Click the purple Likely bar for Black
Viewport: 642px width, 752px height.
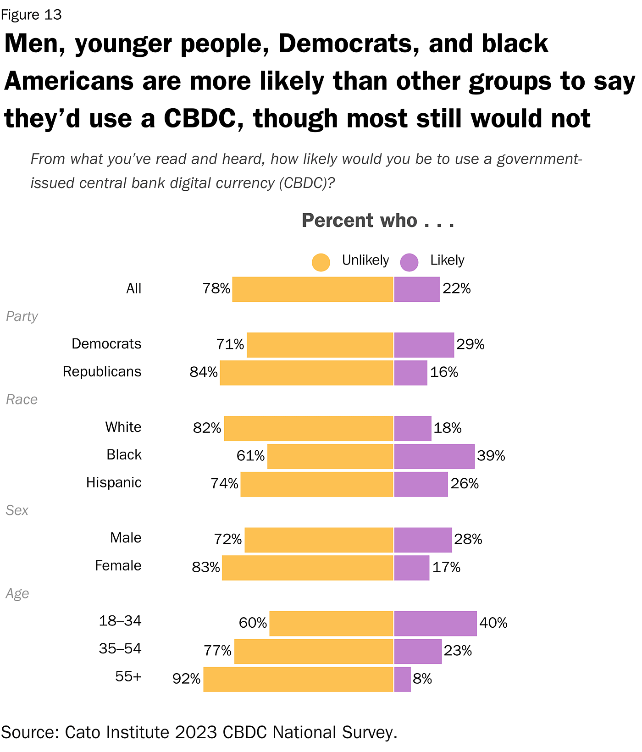click(434, 456)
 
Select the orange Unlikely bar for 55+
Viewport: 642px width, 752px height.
click(299, 679)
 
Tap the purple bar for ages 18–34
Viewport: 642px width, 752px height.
click(435, 624)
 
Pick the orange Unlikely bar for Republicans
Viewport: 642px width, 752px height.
click(307, 373)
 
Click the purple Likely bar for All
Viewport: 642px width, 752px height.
click(417, 289)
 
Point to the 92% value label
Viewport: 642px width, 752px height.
click(187, 679)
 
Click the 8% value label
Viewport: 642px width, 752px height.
click(422, 679)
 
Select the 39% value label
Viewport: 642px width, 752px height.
click(491, 456)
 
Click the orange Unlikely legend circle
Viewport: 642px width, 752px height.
click(321, 262)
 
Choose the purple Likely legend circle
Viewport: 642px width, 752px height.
click(409, 262)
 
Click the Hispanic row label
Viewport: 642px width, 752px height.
click(114, 483)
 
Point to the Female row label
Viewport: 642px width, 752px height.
click(118, 566)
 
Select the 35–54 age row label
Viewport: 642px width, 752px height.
click(120, 649)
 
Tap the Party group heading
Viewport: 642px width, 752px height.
click(22, 317)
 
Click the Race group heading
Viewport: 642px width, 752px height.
click(22, 400)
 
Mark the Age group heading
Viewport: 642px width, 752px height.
click(17, 594)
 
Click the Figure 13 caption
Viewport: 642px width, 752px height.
click(31, 15)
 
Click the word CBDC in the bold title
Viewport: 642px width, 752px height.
click(199, 119)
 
